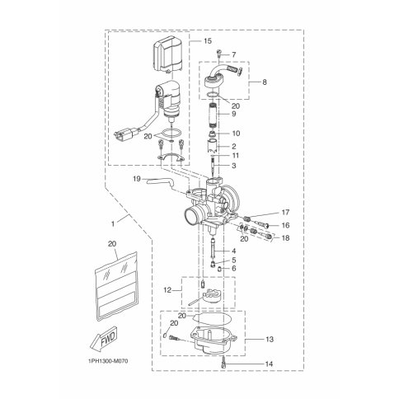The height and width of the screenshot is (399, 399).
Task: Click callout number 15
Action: (x=208, y=41)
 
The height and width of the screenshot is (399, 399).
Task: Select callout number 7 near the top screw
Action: (x=233, y=54)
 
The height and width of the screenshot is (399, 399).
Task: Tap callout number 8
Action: (x=265, y=82)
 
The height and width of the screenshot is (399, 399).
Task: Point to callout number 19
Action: (x=137, y=179)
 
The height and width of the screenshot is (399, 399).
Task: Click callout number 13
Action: (x=270, y=340)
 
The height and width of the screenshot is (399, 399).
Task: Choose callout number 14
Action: (x=269, y=364)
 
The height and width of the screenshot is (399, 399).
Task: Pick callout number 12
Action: (x=167, y=290)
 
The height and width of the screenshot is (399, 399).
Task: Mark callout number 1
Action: (x=113, y=224)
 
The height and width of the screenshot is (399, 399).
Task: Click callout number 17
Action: (x=285, y=213)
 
